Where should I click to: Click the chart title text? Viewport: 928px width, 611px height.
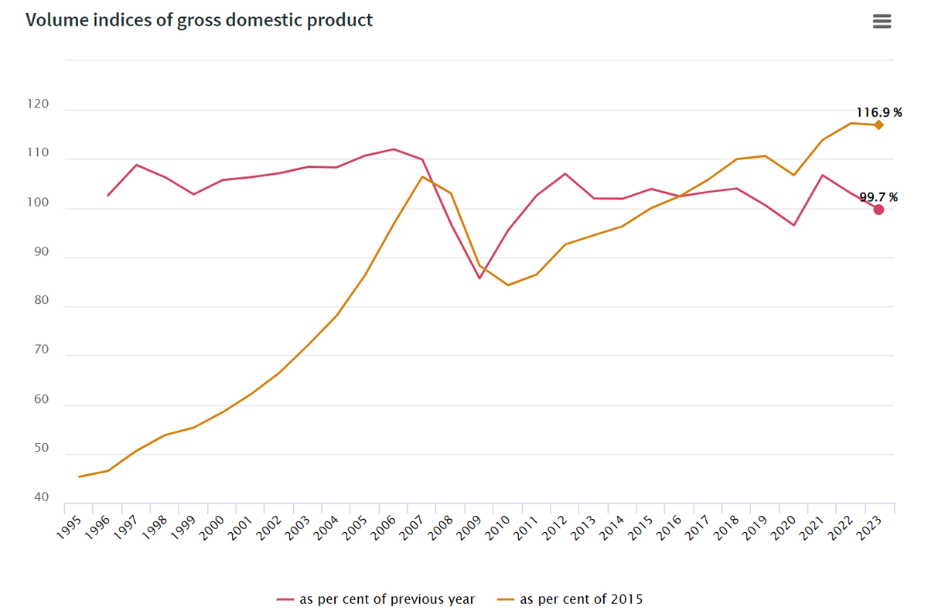pyautogui.click(x=200, y=20)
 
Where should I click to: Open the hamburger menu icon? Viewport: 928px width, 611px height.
pyautogui.click(x=882, y=22)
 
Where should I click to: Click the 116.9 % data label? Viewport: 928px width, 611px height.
pyautogui.click(x=877, y=112)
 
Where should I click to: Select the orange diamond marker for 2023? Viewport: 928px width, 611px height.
pyautogui.click(x=879, y=125)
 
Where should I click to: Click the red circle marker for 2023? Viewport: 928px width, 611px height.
pyautogui.click(x=879, y=210)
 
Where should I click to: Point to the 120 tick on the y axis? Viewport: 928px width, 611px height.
pyautogui.click(x=38, y=104)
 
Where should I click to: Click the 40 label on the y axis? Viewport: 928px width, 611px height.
pyautogui.click(x=41, y=497)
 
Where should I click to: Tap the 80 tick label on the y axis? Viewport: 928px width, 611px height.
pyautogui.click(x=41, y=301)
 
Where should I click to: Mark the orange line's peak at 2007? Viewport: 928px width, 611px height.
pyautogui.click(x=422, y=176)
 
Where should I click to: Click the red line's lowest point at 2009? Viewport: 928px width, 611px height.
pyautogui.click(x=479, y=278)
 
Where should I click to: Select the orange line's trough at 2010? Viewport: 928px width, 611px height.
pyautogui.click(x=508, y=285)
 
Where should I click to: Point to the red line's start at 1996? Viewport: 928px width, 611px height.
pyautogui.click(x=108, y=196)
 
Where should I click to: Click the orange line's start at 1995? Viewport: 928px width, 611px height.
pyautogui.click(x=80, y=476)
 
